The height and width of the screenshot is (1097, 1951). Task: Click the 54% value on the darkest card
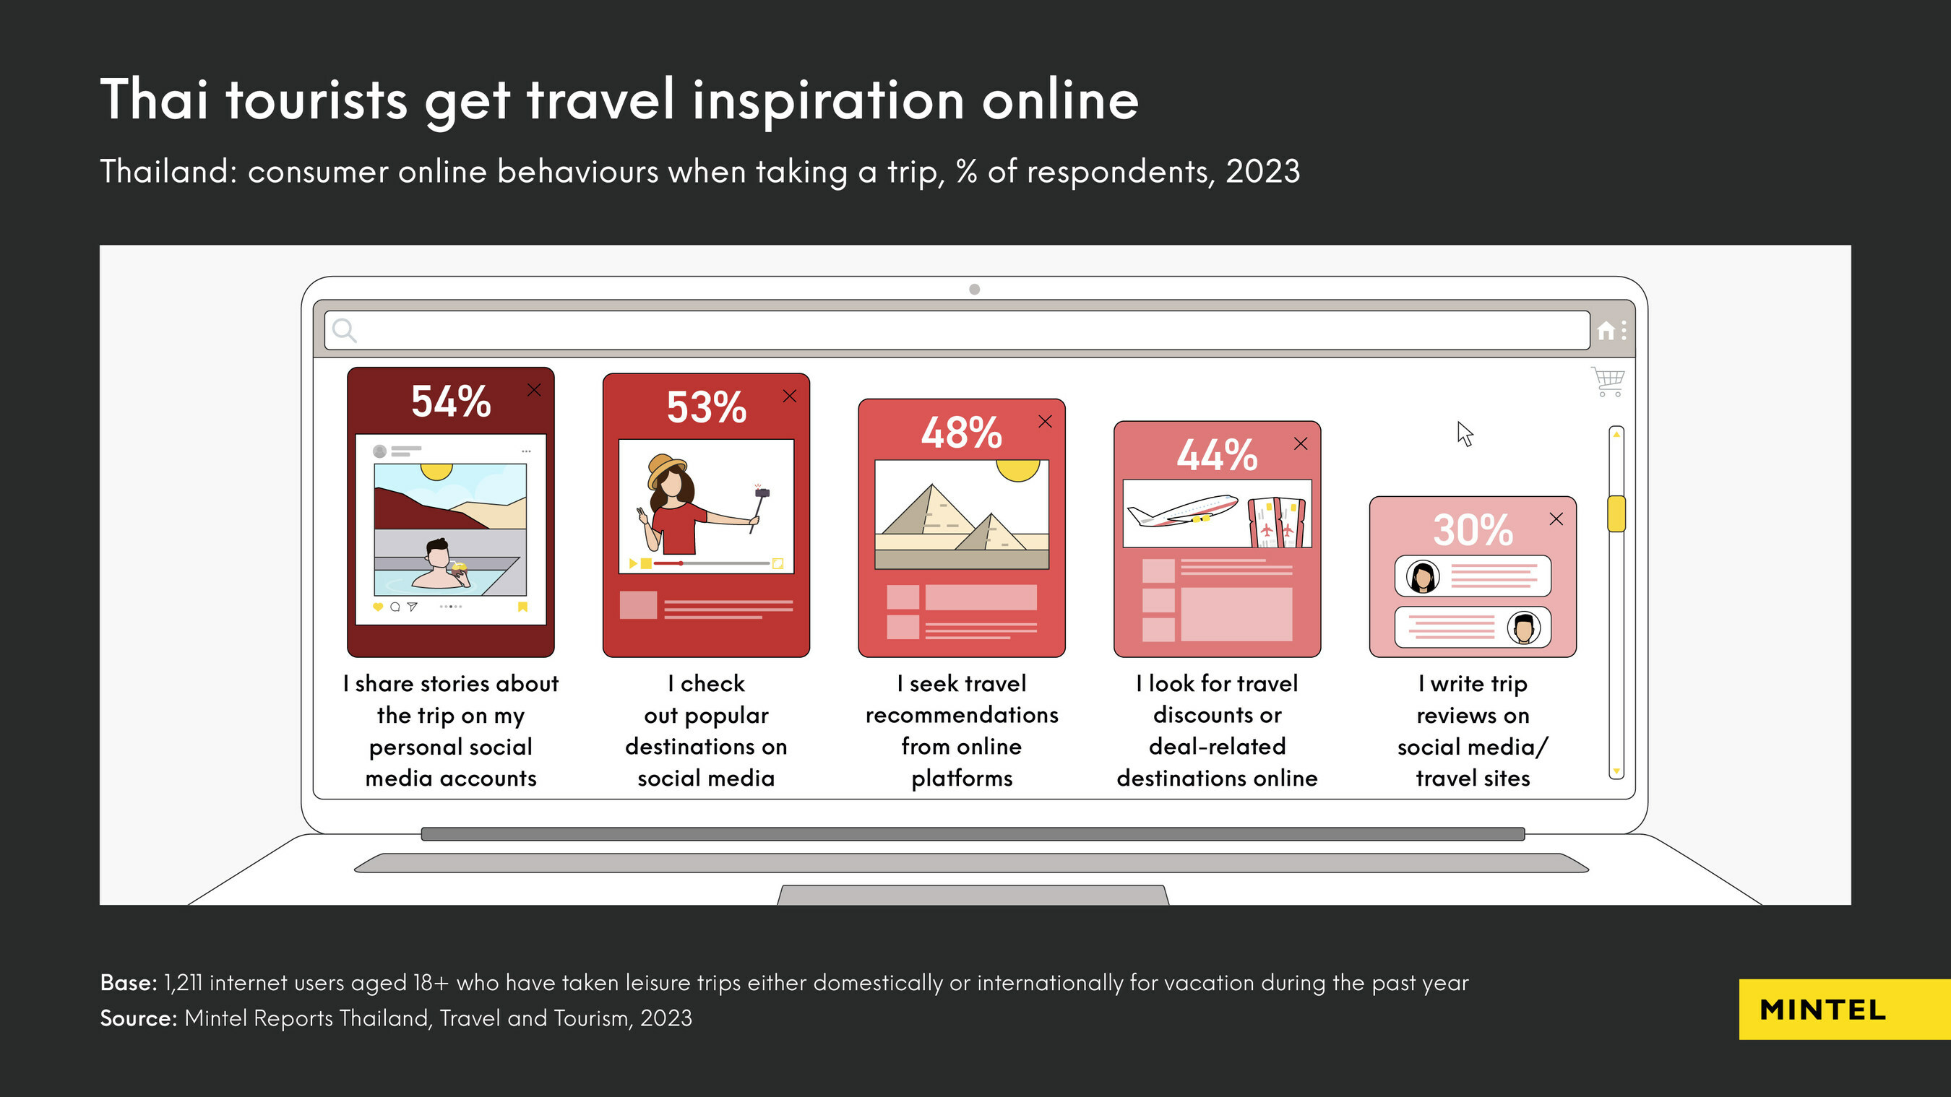tap(451, 402)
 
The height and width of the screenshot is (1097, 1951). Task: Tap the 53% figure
tap(706, 407)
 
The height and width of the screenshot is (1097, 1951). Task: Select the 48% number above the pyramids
tap(961, 433)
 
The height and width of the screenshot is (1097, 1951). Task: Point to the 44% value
tap(1217, 455)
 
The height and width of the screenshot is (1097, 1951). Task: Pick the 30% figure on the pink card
tap(1473, 530)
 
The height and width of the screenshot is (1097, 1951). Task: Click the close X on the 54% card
tap(534, 390)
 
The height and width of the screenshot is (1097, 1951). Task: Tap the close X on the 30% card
tap(1556, 519)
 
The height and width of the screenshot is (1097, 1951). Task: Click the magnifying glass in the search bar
tap(344, 330)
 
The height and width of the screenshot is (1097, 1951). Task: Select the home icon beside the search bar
tap(1606, 331)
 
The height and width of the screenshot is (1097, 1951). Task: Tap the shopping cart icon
tap(1608, 381)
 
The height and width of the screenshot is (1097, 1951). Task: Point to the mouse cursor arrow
tap(1465, 434)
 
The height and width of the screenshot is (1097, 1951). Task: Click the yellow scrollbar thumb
tap(1616, 513)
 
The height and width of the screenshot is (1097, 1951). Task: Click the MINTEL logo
tap(1822, 1010)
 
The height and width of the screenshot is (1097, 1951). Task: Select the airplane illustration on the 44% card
tap(1182, 511)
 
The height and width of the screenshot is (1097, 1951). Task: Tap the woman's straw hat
tap(667, 469)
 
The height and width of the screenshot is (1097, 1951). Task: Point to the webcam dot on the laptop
tap(975, 289)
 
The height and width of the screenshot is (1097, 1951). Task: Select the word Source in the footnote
tap(137, 1018)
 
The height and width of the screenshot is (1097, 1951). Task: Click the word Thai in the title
tap(154, 99)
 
